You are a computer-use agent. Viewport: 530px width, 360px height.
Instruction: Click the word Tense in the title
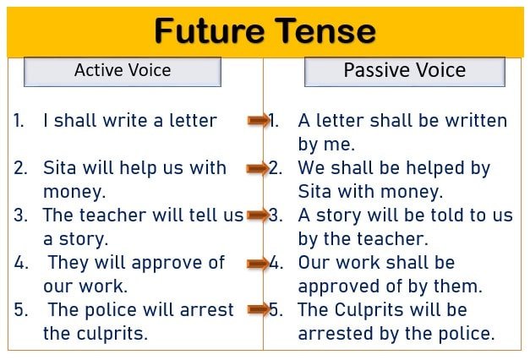pos(325,30)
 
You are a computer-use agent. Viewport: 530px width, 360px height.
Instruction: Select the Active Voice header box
pos(123,72)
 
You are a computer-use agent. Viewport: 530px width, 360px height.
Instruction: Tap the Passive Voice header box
pos(405,72)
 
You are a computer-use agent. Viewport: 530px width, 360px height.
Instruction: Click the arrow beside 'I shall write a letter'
pos(259,120)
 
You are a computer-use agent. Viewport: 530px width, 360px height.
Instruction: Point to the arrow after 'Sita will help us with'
pos(259,168)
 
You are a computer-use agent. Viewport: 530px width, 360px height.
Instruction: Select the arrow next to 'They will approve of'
pos(259,263)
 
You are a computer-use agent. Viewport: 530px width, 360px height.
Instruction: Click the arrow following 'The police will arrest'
pos(259,309)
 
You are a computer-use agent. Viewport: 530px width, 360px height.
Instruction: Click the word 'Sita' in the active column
pos(59,167)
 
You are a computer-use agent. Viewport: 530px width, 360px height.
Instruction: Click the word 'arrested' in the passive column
pos(336,333)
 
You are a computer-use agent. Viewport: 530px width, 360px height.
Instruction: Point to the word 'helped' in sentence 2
pos(435,169)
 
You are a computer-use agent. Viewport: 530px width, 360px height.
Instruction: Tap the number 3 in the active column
pos(19,215)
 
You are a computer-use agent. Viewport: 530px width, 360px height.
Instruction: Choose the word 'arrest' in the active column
pos(206,310)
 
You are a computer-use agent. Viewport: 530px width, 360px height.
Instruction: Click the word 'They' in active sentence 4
pos(68,264)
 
